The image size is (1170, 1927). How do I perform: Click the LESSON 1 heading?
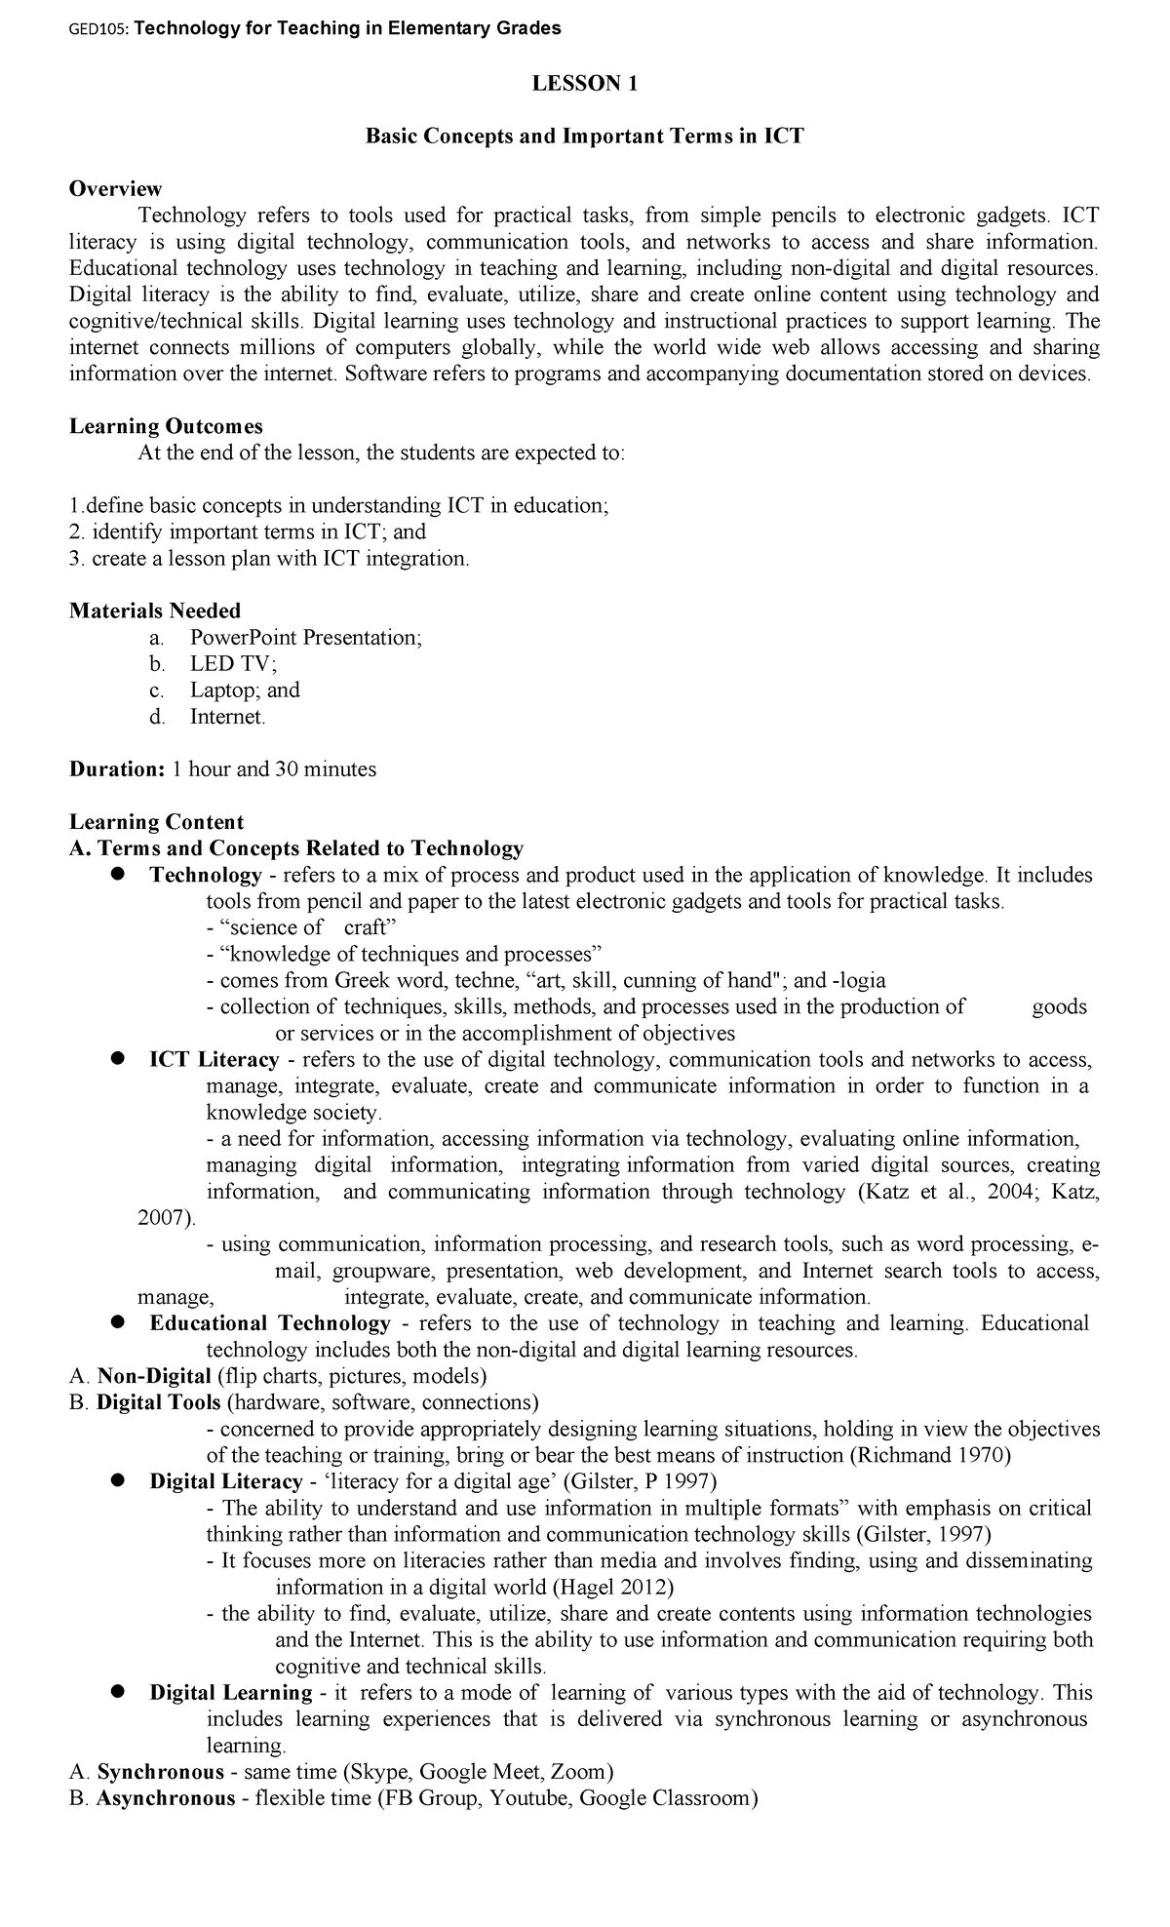click(584, 84)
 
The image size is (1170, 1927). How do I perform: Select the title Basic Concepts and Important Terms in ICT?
click(584, 137)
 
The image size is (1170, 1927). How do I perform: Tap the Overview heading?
click(115, 188)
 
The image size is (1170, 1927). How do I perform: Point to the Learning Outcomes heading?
click(166, 426)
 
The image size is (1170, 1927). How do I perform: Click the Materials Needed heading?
click(155, 610)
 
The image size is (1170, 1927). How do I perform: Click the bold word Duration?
click(116, 768)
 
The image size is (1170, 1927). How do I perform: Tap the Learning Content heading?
click(156, 821)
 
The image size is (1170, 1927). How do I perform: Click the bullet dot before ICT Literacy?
click(116, 1058)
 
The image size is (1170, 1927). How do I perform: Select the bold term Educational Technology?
click(270, 1323)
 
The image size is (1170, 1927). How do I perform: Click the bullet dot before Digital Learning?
click(116, 1692)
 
